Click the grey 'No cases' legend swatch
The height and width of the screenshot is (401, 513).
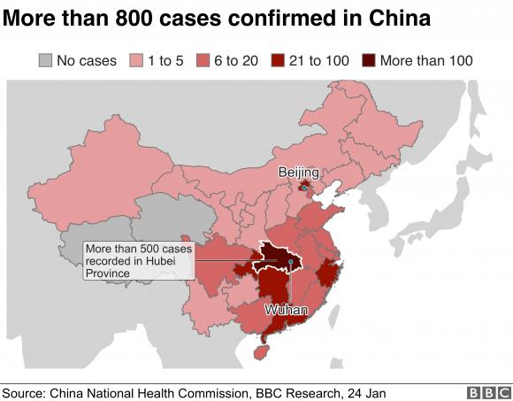click(x=46, y=60)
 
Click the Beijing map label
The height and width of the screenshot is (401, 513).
click(x=297, y=172)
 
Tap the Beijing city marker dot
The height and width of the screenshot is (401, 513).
click(x=303, y=188)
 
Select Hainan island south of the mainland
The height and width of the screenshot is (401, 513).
click(x=259, y=351)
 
